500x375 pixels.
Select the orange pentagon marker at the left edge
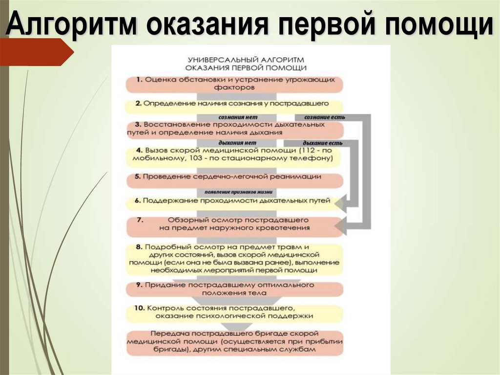click(x=34, y=52)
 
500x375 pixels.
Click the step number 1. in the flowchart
click(x=139, y=79)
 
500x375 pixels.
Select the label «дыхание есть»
click(x=322, y=143)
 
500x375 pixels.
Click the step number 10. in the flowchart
click(x=140, y=309)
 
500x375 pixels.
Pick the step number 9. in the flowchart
click(x=139, y=285)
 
